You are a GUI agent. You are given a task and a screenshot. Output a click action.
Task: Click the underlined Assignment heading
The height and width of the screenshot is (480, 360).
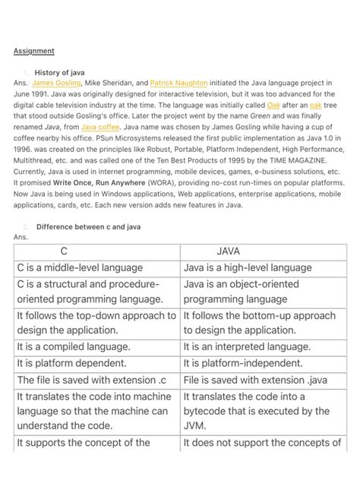coord(34,51)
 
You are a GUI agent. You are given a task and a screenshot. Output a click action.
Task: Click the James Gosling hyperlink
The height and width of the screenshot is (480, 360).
coord(53,83)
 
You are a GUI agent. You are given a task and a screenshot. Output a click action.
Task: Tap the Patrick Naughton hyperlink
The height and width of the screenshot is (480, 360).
coord(180,83)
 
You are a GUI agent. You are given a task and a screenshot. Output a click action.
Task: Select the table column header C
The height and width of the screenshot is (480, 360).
coord(65,251)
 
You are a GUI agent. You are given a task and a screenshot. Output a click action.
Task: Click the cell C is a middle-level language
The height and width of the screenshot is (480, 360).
coord(80,267)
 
